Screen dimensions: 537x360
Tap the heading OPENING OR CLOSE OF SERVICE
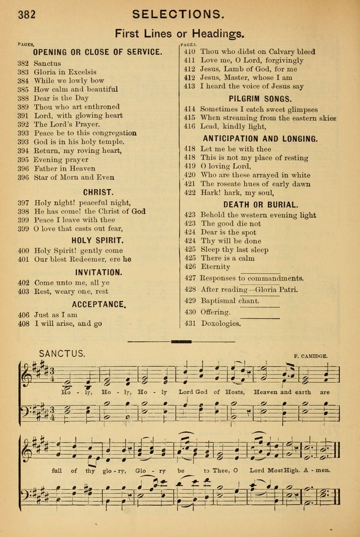(98, 52)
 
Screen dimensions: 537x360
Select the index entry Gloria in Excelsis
(65, 72)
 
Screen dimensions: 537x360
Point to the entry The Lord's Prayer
(67, 124)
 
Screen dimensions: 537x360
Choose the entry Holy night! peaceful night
(82, 202)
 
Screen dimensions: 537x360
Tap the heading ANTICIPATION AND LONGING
(260, 138)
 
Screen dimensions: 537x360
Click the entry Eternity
(215, 267)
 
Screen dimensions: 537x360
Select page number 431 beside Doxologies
(190, 323)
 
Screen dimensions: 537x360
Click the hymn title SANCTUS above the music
(62, 353)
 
